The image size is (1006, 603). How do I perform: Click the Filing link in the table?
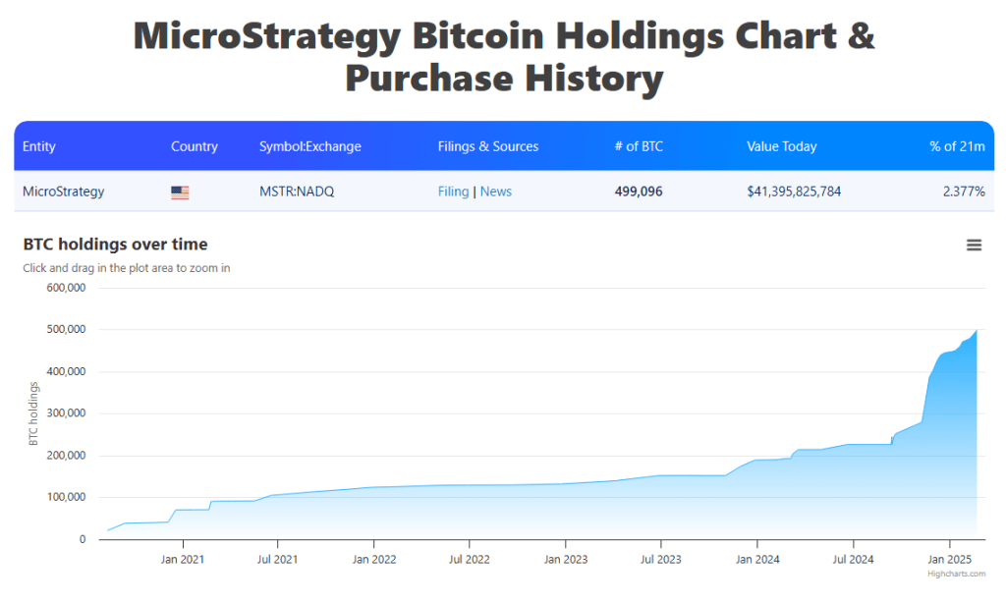453,192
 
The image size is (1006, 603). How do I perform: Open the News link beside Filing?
496,192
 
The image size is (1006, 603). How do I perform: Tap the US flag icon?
180,192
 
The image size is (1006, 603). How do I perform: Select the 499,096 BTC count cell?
639,192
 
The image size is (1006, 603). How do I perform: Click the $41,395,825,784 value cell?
794,192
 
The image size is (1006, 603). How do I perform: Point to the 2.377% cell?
964,192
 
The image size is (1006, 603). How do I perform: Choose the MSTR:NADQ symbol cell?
297,192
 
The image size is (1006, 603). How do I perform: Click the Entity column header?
39,146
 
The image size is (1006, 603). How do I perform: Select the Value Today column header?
781,146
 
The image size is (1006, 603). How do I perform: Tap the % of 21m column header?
957,146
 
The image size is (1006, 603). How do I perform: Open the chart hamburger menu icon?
974,246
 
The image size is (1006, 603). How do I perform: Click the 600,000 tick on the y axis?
66,288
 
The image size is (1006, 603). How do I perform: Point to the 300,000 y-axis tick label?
66,413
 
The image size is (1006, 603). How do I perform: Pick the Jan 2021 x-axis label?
182,560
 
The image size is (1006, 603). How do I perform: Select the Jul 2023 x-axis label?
661,560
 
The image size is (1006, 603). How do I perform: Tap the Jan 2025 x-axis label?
950,560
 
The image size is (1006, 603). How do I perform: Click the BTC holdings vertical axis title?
33,413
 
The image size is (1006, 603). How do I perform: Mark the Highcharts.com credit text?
956,574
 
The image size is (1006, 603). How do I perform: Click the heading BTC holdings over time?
116,245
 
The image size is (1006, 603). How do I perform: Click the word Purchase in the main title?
428,79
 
